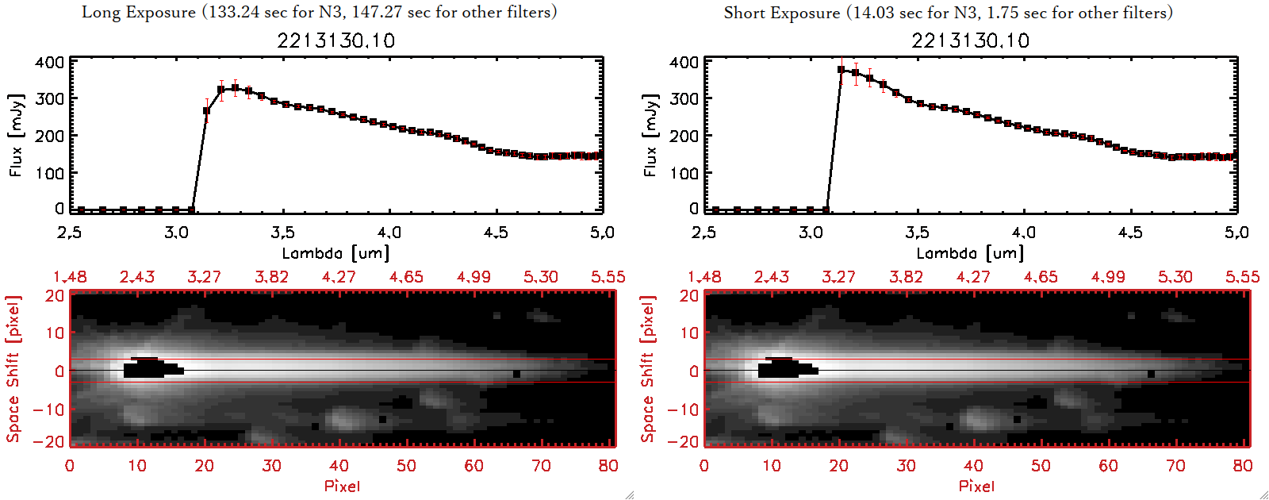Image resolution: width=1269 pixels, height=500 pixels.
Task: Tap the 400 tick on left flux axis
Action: (50, 62)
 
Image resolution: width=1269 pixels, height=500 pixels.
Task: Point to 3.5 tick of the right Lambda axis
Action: (917, 233)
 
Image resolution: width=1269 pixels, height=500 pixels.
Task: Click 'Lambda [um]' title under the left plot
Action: (335, 253)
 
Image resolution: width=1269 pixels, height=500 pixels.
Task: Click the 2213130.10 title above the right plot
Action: (970, 40)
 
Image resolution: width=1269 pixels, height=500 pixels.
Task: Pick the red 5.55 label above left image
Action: (608, 277)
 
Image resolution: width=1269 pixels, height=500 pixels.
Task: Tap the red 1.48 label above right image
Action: (704, 277)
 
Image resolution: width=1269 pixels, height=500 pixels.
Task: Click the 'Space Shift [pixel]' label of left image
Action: (13, 369)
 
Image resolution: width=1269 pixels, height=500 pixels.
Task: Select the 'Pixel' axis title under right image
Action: (976, 486)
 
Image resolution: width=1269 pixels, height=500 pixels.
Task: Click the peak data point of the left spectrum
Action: (235, 88)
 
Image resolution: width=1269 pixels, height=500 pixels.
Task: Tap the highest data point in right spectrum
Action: (842, 70)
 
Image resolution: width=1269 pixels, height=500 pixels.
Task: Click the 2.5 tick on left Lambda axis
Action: (70, 233)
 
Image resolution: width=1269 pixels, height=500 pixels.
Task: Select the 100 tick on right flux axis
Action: (684, 172)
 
